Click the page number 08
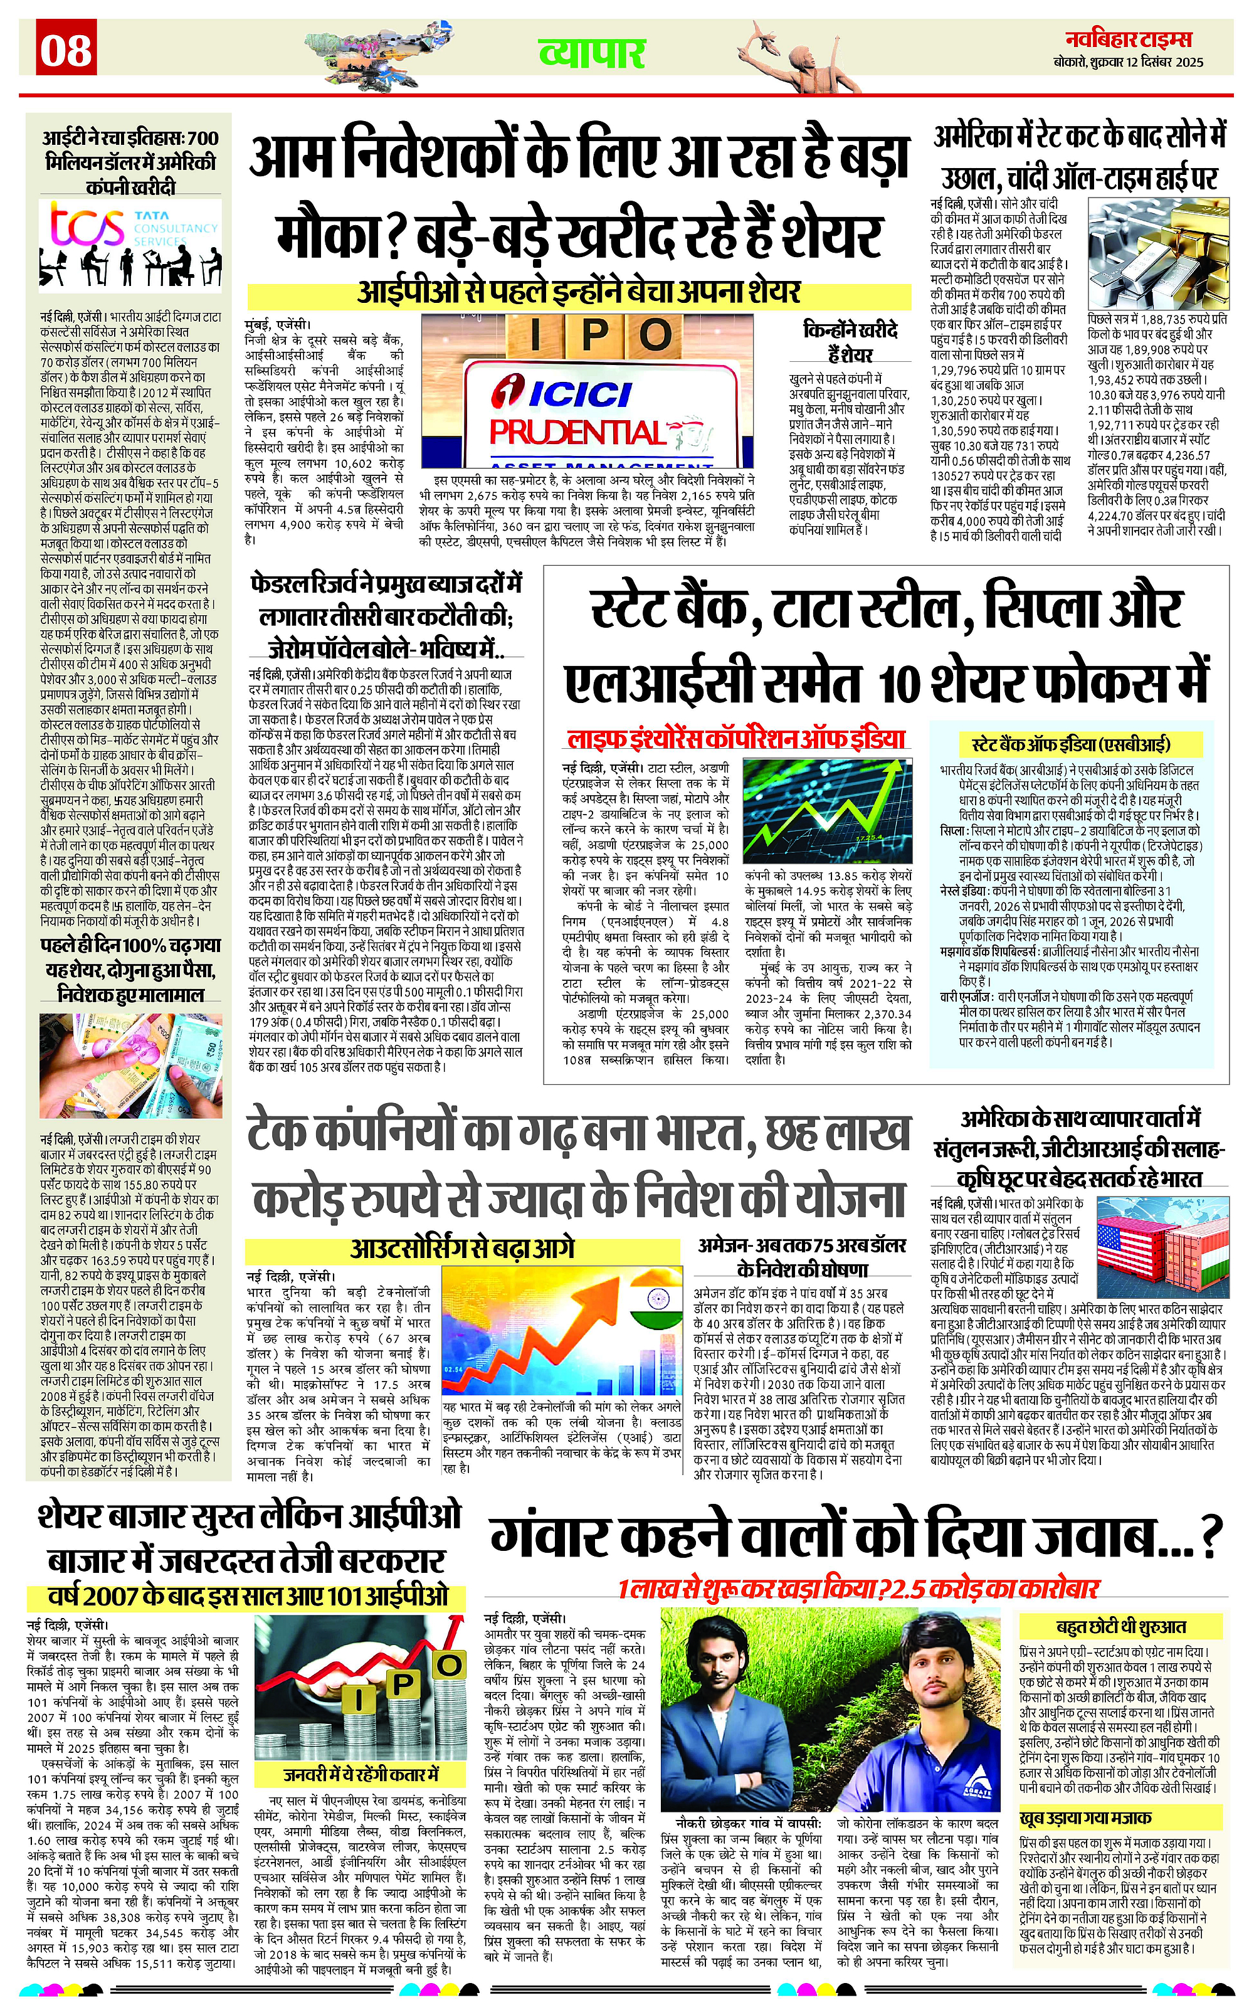(x=66, y=51)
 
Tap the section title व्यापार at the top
(x=591, y=53)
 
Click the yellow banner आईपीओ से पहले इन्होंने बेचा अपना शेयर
(x=579, y=292)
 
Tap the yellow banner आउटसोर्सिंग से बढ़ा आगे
(x=463, y=1247)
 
